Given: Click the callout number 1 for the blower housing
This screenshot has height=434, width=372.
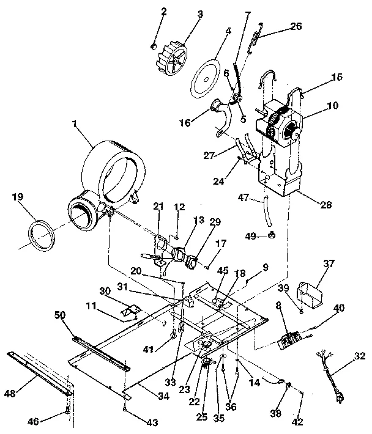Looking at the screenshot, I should (x=75, y=124).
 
